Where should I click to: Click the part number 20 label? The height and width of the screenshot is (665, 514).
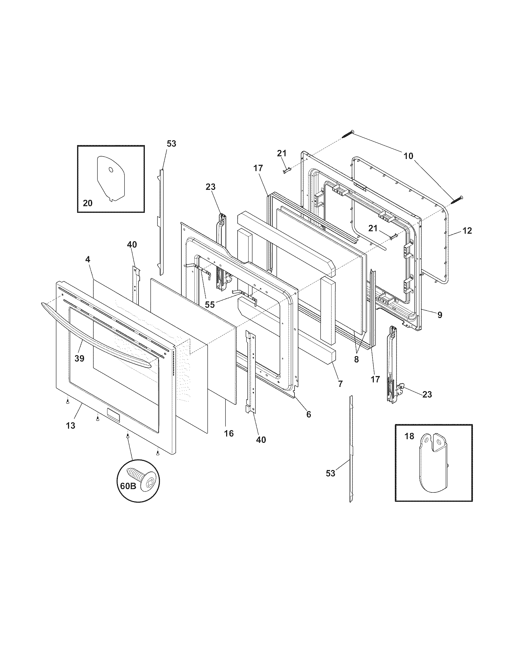(x=88, y=203)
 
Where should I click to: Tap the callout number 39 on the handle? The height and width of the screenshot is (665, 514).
(x=79, y=359)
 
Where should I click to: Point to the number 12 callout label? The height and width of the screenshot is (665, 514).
(x=467, y=231)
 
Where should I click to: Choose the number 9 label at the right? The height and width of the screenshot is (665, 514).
(x=440, y=315)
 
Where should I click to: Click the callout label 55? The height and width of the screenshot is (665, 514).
(x=210, y=304)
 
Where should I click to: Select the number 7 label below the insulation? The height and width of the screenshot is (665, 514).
(x=340, y=384)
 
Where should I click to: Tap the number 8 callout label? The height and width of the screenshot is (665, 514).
(x=356, y=359)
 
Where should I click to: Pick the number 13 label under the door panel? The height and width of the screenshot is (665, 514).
(x=70, y=426)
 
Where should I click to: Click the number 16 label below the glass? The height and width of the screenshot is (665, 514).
(x=229, y=433)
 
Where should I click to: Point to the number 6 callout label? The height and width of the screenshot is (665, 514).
(x=309, y=414)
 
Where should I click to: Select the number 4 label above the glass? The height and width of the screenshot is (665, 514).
(x=88, y=260)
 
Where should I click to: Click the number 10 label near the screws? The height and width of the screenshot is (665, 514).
(x=408, y=156)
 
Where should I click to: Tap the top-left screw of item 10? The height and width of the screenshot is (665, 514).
(x=348, y=134)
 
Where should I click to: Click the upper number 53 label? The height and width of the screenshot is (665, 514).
(x=171, y=144)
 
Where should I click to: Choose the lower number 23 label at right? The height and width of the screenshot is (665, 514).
(x=427, y=394)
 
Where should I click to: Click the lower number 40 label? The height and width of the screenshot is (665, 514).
(x=261, y=440)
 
